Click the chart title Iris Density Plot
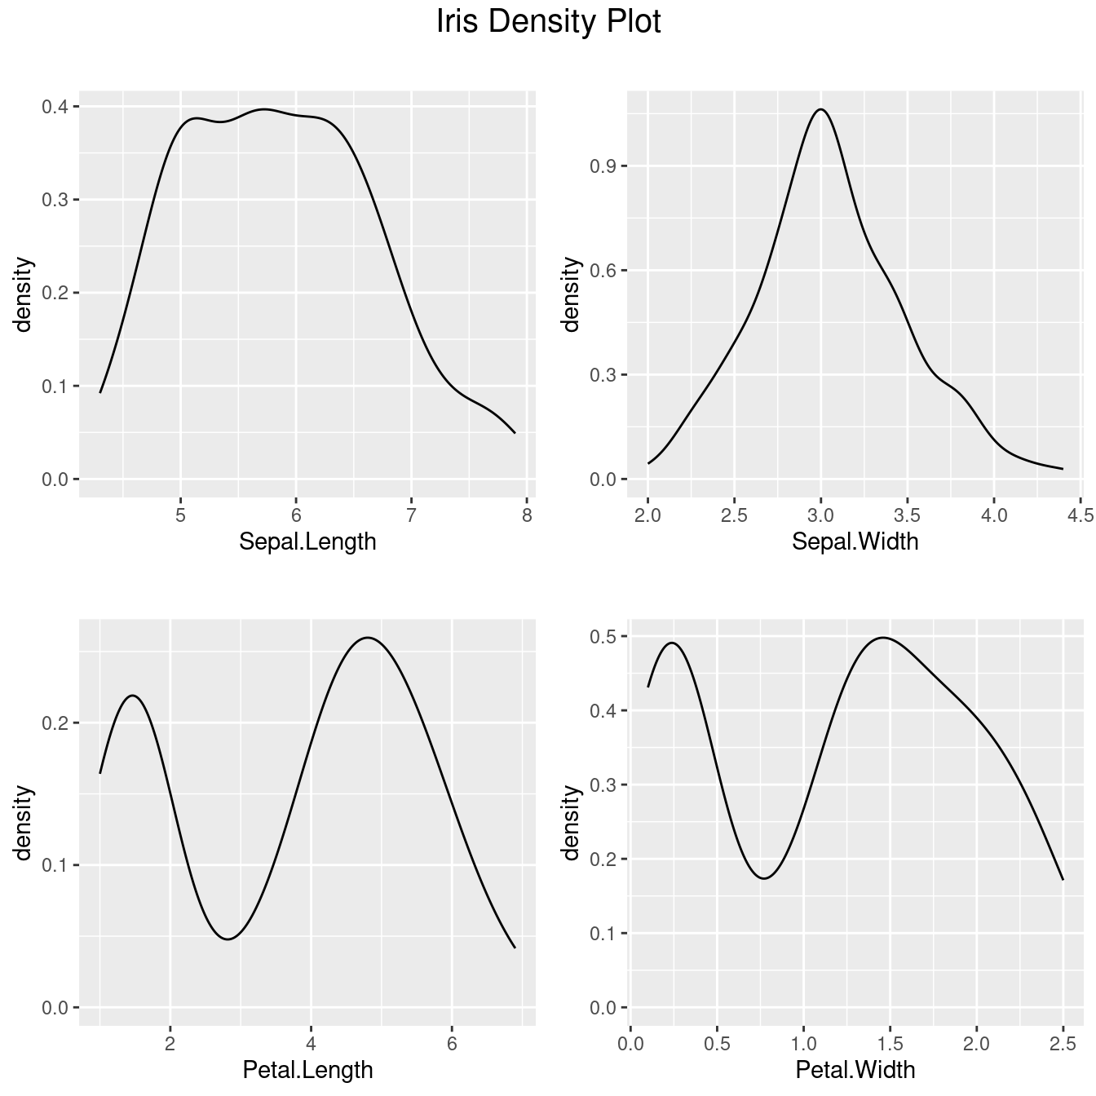(x=548, y=22)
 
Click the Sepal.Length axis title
(x=307, y=541)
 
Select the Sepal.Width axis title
(x=855, y=541)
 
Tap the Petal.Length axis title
(x=307, y=1070)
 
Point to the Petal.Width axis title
(x=855, y=1070)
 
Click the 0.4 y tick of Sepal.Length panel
(x=55, y=107)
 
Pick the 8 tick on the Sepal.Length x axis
(x=527, y=515)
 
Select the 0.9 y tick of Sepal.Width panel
(x=603, y=166)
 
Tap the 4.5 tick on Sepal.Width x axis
(x=1081, y=515)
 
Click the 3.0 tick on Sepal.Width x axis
(x=820, y=515)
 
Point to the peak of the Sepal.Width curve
(x=820, y=109)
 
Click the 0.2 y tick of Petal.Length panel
(x=55, y=723)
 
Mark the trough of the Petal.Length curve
(x=228, y=939)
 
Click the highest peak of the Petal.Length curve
(x=369, y=638)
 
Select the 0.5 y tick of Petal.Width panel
(x=603, y=636)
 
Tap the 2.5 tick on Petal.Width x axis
(x=1063, y=1044)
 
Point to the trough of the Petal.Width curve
(x=763, y=878)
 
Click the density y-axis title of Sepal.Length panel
(x=24, y=294)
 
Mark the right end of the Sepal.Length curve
(x=515, y=433)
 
